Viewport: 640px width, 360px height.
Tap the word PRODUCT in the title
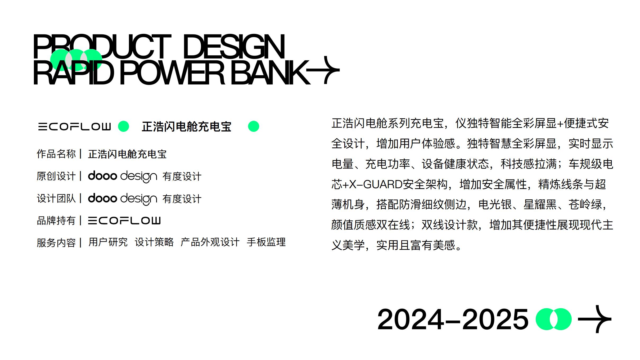pos(102,47)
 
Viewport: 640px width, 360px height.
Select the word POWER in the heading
pos(172,73)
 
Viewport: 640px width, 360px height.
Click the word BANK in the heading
pos(270,73)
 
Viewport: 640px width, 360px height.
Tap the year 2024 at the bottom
pos(411,319)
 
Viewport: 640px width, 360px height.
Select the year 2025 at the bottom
pos(495,319)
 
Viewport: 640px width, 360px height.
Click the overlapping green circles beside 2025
pos(553,319)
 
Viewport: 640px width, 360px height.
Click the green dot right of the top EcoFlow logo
pos(123,126)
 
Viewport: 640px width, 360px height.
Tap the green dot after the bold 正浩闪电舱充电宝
pos(253,126)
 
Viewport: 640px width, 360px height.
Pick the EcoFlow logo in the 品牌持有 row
pos(124,220)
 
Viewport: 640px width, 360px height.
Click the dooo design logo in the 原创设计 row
pos(122,176)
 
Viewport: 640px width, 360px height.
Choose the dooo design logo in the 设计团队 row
pos(122,199)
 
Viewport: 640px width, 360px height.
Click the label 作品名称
pos(56,154)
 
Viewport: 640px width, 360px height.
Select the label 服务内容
pos(56,243)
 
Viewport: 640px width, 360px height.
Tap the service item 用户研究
pos(108,242)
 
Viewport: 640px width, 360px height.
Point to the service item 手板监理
pos(266,242)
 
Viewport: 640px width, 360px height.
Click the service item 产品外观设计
pos(210,242)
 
